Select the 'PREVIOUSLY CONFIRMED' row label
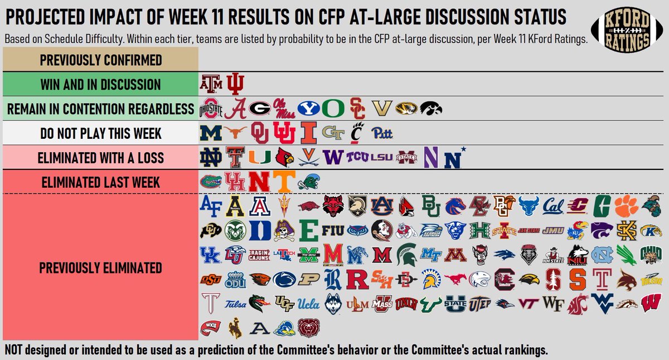100,60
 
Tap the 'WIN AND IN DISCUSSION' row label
100,85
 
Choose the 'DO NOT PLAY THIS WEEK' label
100,134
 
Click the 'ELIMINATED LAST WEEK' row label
100,182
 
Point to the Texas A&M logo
210,85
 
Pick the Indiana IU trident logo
235,85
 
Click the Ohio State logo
210,109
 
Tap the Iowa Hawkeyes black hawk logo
430,109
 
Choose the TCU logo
357,158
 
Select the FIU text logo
333,230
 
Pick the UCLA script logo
308,303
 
